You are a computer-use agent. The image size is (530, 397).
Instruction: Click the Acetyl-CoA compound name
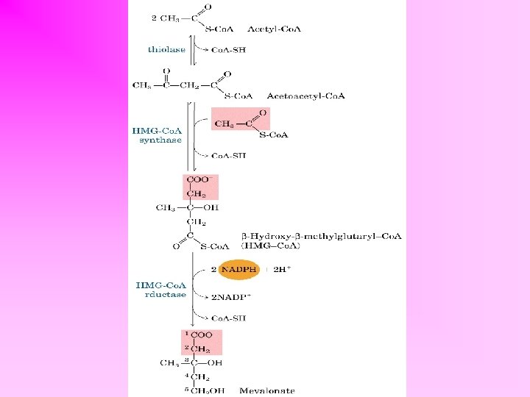(x=275, y=29)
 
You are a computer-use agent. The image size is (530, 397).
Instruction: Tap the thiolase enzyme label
(x=166, y=50)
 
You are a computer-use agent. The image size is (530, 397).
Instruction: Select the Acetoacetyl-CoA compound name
(x=305, y=96)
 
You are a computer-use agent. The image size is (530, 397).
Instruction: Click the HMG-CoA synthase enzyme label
(x=157, y=135)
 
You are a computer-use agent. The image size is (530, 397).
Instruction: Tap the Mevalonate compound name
(x=266, y=390)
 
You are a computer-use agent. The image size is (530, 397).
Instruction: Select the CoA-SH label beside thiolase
(x=227, y=50)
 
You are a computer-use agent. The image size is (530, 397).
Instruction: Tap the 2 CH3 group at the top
(x=166, y=17)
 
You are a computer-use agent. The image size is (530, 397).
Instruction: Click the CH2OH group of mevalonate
(x=209, y=390)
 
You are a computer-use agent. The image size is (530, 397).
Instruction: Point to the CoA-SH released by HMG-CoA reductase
(x=228, y=318)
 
